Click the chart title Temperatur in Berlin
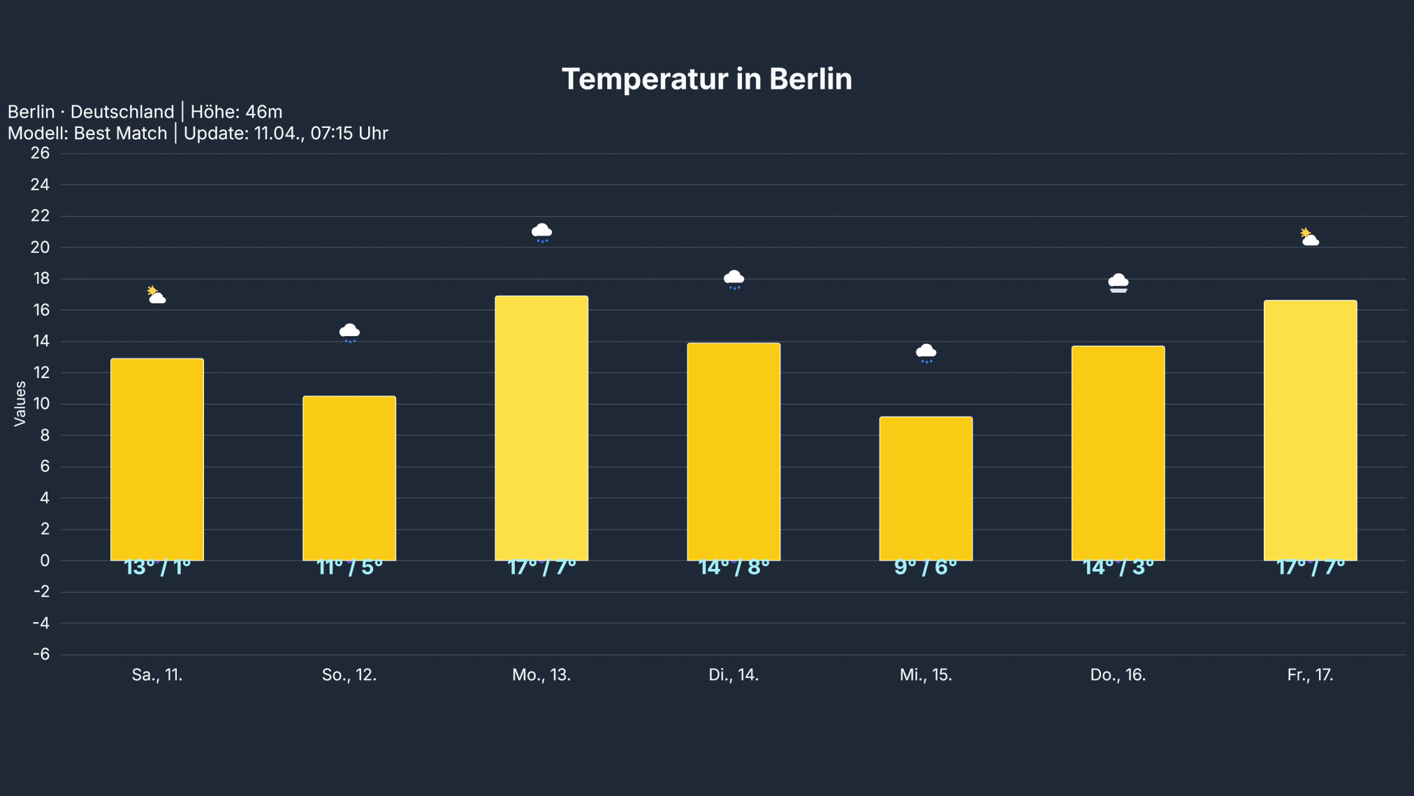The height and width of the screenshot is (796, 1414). pyautogui.click(x=706, y=79)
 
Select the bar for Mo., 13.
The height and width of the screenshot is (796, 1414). pyautogui.click(x=541, y=428)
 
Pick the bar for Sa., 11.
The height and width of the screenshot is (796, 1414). pyautogui.click(x=157, y=459)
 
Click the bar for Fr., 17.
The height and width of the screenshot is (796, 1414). pyautogui.click(x=1310, y=430)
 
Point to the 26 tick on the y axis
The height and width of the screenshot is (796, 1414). pyautogui.click(x=41, y=153)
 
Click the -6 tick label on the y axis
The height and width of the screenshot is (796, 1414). pyautogui.click(x=41, y=654)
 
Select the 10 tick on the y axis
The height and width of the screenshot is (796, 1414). pyautogui.click(x=41, y=403)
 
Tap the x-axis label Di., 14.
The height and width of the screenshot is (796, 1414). pyautogui.click(x=734, y=675)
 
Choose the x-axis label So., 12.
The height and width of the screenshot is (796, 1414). pyautogui.click(x=349, y=675)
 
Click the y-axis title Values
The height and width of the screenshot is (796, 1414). pyautogui.click(x=20, y=403)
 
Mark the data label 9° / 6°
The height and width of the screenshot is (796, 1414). pyautogui.click(x=926, y=567)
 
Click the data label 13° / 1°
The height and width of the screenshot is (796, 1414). pyautogui.click(x=157, y=567)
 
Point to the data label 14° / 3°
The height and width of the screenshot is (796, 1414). pyautogui.click(x=1118, y=567)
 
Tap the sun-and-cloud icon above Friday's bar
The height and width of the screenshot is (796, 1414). pyautogui.click(x=1309, y=238)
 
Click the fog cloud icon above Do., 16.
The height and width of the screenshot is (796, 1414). pyautogui.click(x=1118, y=283)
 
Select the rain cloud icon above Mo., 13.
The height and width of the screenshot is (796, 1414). pyautogui.click(x=541, y=233)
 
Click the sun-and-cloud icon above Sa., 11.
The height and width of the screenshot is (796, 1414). pyautogui.click(x=156, y=295)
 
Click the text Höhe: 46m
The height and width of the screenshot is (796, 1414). pyautogui.click(x=236, y=112)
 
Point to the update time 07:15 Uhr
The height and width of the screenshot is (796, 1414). pyautogui.click(x=349, y=133)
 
